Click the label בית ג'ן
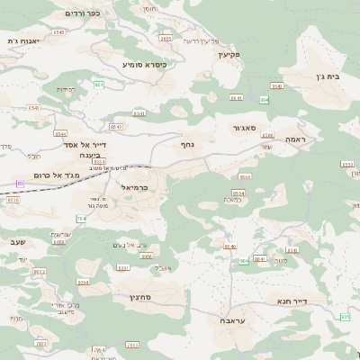(x=331, y=77)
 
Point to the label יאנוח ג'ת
(x=24, y=40)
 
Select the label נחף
(x=187, y=142)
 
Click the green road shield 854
(x=99, y=85)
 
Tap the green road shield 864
(x=264, y=99)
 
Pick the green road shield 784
(x=82, y=218)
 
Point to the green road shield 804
(x=243, y=261)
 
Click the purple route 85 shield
(x=21, y=184)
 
